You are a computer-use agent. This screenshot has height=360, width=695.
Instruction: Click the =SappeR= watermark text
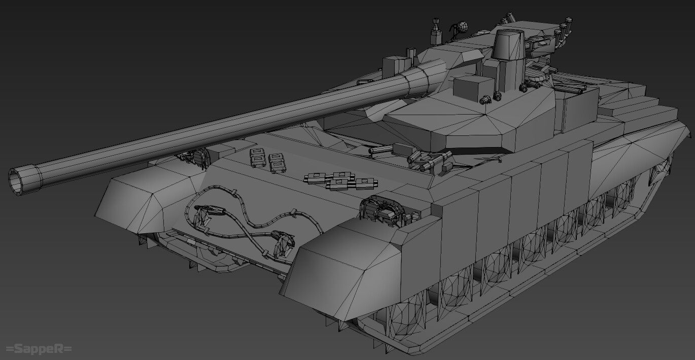point(39,349)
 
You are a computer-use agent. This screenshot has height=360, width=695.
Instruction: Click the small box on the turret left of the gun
point(396,65)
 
